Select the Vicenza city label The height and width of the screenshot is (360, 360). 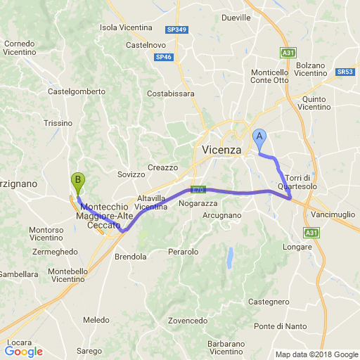tap(221, 150)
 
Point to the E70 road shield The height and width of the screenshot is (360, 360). tap(197, 190)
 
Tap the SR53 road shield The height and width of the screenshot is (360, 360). tap(345, 72)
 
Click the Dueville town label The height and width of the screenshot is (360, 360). tap(236, 18)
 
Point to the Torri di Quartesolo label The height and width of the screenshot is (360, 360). tap(303, 181)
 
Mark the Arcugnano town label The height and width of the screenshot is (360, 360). tap(224, 214)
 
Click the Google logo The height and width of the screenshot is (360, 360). tap(23, 352)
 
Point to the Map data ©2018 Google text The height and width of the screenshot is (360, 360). tap(316, 354)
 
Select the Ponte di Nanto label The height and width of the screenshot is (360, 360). tap(278, 326)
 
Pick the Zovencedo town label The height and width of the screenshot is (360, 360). tap(187, 320)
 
